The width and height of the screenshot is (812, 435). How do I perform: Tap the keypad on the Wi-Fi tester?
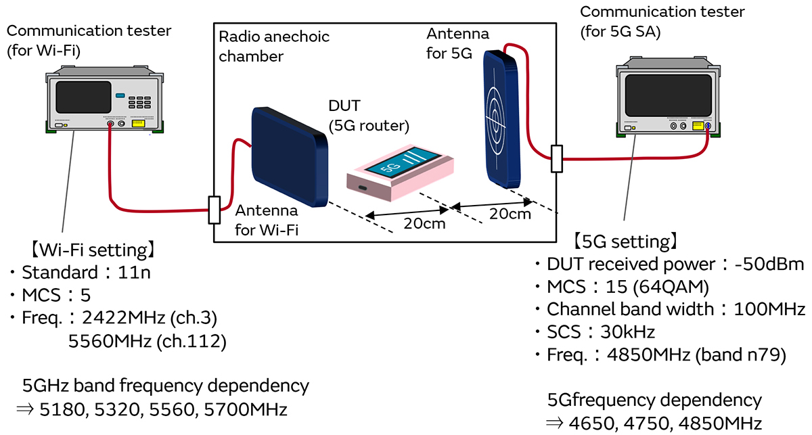point(139,101)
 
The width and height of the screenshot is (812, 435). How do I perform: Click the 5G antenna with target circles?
point(501,119)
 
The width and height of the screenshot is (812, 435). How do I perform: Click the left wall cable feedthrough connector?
point(215,210)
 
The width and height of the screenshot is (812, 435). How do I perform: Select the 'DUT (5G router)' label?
point(370,116)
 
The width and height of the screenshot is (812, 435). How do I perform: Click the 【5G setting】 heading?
point(623,241)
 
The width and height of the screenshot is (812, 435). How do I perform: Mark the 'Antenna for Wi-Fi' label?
point(267,221)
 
